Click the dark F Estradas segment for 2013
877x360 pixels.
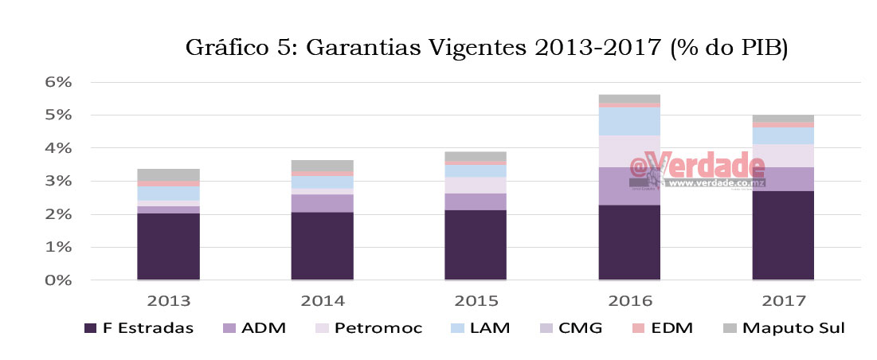point(168,246)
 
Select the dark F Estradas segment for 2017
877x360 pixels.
point(783,235)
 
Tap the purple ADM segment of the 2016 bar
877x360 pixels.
point(629,186)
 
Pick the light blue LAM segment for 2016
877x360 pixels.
point(629,121)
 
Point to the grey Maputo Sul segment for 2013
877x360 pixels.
point(168,174)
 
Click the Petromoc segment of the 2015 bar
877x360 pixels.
point(476,185)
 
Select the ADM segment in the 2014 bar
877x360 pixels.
point(322,203)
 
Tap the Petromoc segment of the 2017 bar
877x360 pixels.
point(783,155)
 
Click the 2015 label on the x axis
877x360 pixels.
point(476,301)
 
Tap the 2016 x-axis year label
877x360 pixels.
point(629,301)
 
